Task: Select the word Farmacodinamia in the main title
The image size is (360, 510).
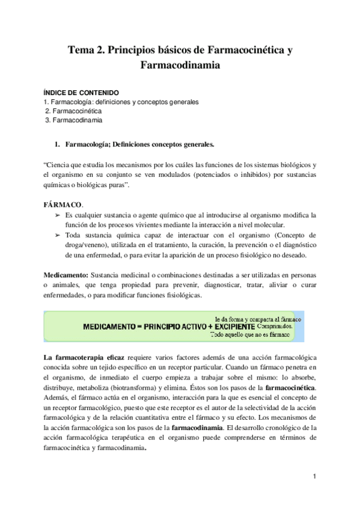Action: (x=180, y=66)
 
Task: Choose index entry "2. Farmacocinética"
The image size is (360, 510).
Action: (x=74, y=111)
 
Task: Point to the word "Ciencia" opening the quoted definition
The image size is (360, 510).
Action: (x=60, y=165)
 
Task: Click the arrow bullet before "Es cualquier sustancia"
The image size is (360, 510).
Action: (x=57, y=215)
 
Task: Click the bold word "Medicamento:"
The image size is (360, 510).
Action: (x=66, y=275)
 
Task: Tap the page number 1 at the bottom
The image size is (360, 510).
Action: (x=314, y=477)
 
